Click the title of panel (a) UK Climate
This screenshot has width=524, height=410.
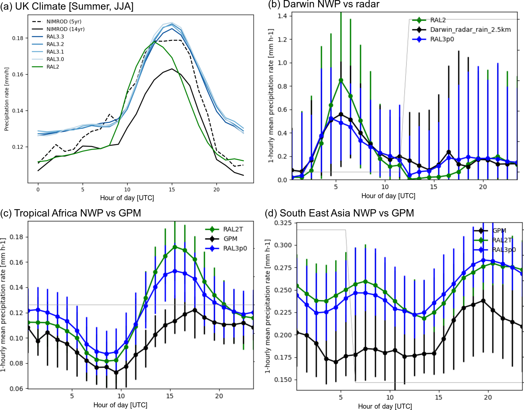point(67,6)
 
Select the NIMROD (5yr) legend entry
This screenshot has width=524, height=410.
point(64,22)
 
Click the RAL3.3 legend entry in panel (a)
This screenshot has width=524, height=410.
point(55,37)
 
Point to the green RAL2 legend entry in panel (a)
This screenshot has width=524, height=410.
point(53,67)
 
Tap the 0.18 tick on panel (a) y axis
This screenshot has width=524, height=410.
point(18,38)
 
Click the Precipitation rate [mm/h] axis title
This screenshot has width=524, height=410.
point(6,99)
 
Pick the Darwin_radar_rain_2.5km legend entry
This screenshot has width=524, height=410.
point(470,30)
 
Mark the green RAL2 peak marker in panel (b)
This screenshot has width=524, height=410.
point(341,80)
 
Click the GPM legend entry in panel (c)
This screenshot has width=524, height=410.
point(230,239)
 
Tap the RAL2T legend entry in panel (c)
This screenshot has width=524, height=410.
point(233,229)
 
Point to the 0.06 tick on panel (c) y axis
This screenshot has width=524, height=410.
point(16,389)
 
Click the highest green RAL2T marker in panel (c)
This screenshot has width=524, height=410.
point(175,247)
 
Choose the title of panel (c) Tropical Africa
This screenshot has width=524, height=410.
point(70,213)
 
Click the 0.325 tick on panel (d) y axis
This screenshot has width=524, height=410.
point(283,223)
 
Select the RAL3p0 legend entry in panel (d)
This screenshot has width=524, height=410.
point(504,250)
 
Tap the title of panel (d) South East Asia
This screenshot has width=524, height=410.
point(339,213)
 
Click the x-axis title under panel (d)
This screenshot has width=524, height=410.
point(385,406)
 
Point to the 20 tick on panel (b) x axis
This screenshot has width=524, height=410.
point(483,187)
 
